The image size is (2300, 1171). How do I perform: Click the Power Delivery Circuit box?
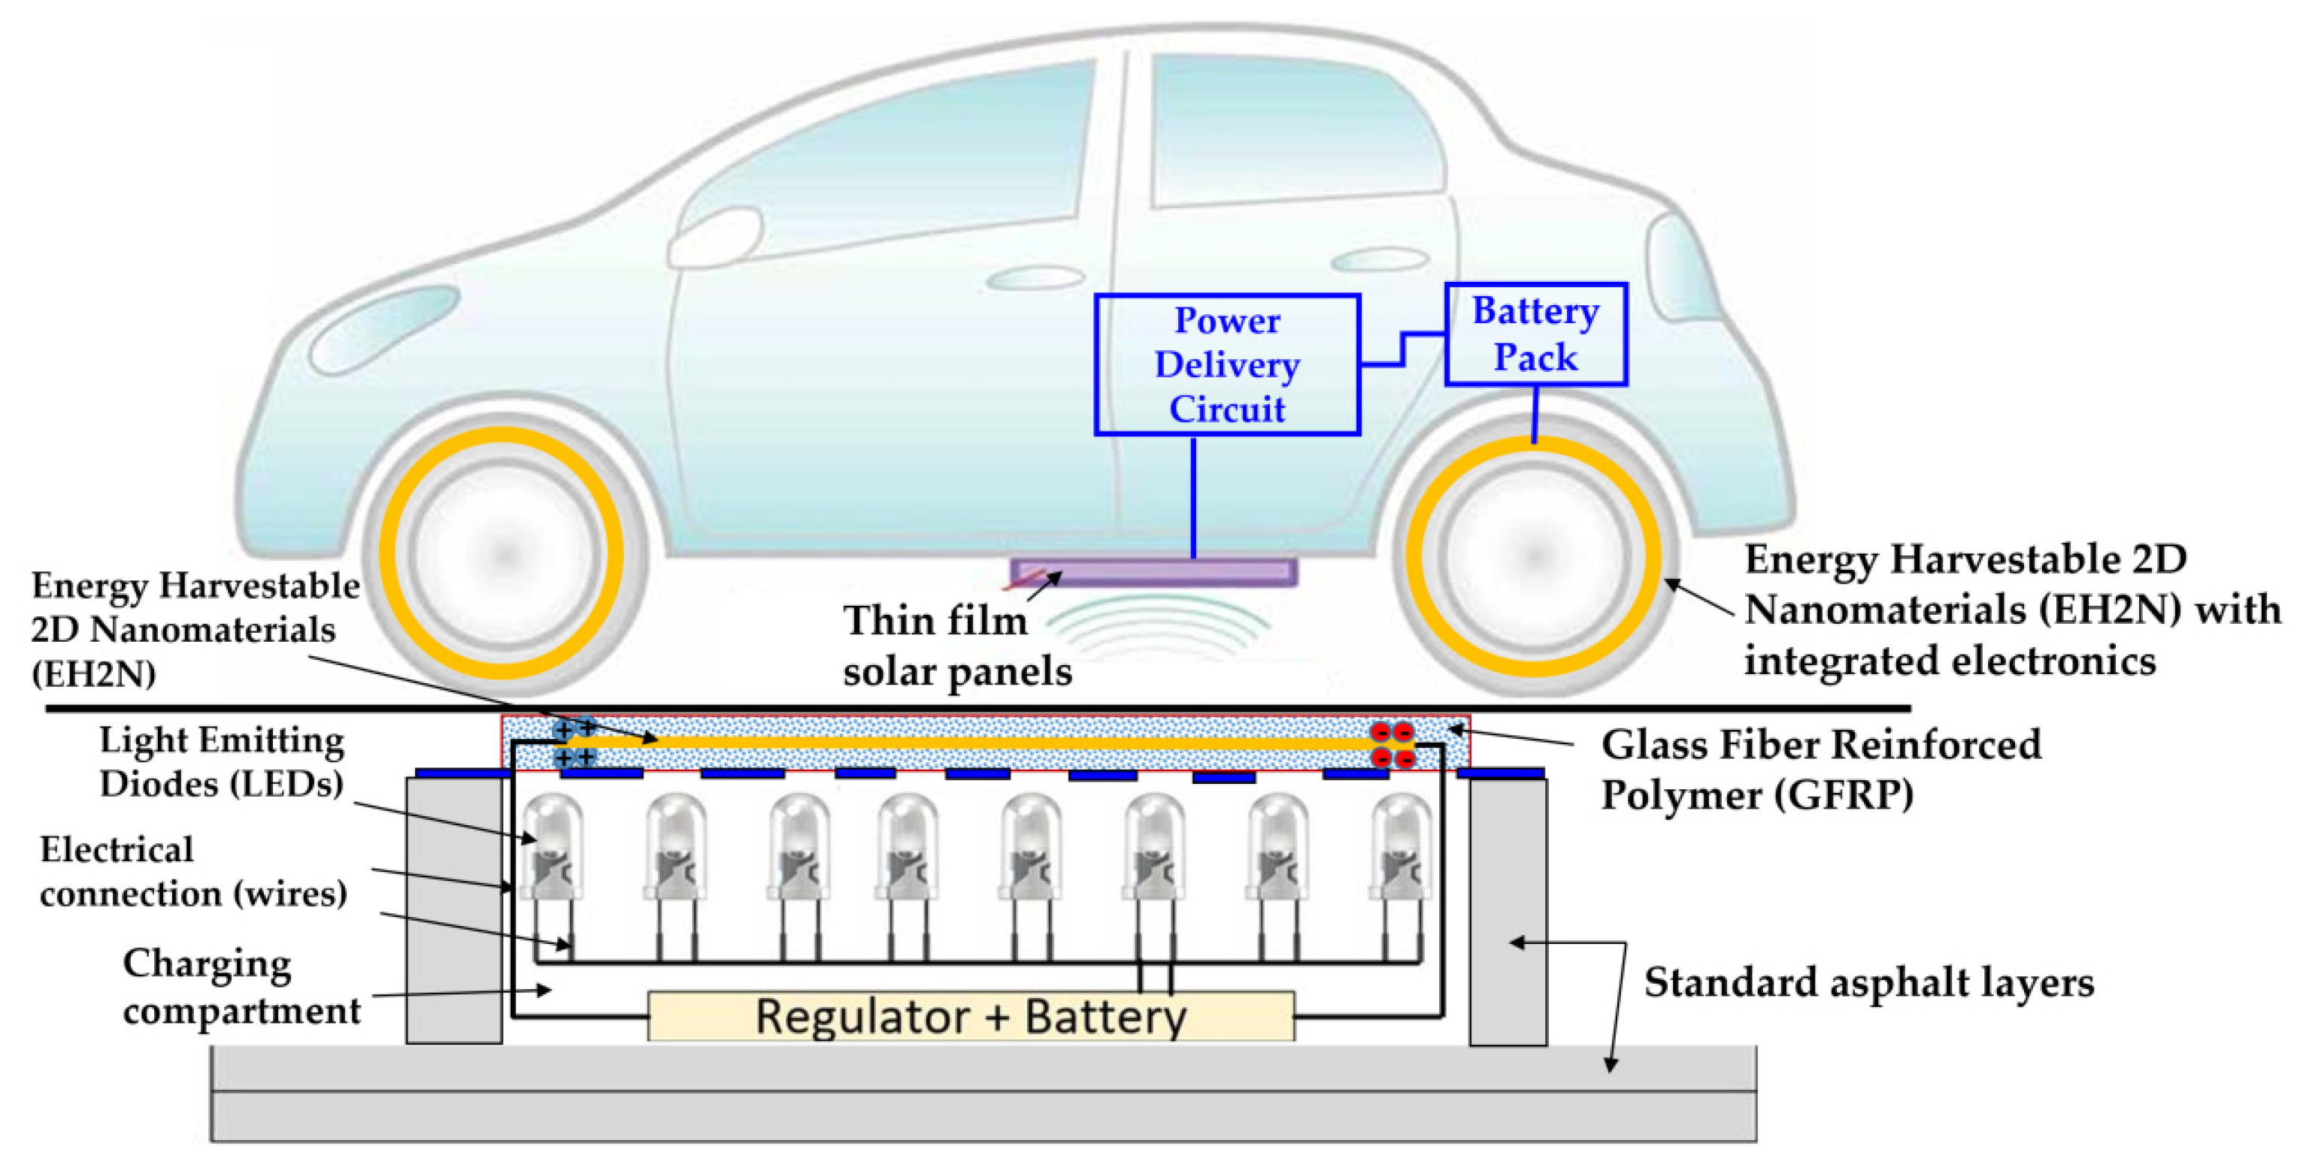click(1227, 364)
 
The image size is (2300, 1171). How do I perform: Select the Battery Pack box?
click(1535, 334)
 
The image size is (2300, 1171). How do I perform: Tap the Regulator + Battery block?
click(971, 1015)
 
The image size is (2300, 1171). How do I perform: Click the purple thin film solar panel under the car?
click(1153, 572)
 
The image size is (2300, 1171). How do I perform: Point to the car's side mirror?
click(714, 238)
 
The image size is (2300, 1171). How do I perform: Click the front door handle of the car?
click(1034, 278)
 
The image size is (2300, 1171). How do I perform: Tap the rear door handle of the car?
click(1379, 260)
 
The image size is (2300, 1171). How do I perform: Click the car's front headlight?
click(384, 328)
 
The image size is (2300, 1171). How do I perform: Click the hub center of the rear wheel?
click(1533, 556)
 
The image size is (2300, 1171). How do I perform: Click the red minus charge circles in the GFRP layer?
click(1392, 746)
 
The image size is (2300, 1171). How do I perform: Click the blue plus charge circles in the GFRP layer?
click(574, 744)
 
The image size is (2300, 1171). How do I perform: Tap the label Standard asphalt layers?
click(1868, 982)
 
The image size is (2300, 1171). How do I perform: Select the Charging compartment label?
click(241, 987)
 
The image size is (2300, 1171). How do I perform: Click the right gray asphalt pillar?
click(1508, 910)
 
